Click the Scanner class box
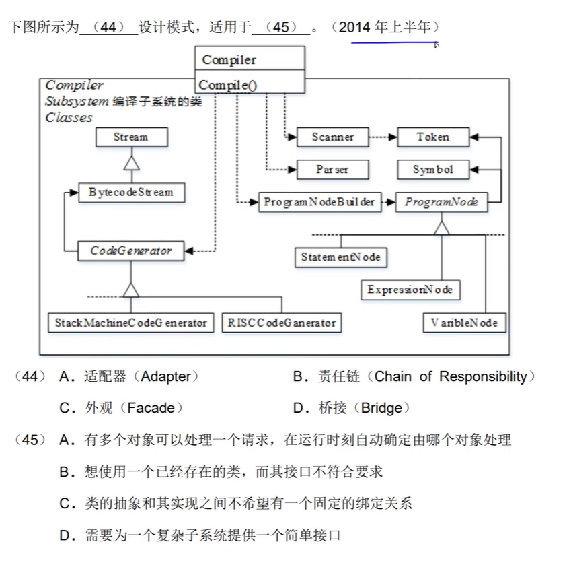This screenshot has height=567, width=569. (333, 137)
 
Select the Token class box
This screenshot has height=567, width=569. (432, 137)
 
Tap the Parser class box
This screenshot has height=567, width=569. (333, 170)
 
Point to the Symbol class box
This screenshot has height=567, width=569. (432, 170)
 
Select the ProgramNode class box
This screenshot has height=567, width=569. (441, 202)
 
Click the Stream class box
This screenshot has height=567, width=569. (130, 137)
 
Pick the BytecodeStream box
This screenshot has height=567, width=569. (130, 193)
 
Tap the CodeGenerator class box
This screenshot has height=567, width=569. (130, 251)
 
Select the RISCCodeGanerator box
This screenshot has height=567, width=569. (281, 323)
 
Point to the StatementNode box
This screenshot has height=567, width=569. (340, 257)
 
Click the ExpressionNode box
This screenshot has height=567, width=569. (410, 290)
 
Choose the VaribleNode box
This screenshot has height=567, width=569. (464, 323)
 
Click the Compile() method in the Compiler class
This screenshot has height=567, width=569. (228, 86)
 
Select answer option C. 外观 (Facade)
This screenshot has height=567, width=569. (121, 408)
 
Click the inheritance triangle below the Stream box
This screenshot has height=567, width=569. (130, 163)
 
